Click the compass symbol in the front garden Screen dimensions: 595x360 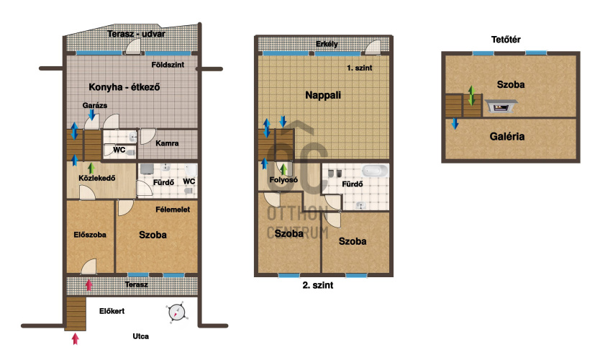click(176, 312)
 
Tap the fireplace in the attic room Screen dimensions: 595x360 click(501, 107)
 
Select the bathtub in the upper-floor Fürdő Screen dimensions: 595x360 click(375, 171)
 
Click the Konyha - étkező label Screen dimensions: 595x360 click(124, 87)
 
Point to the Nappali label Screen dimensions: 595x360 click(323, 95)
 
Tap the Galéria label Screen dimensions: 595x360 click(507, 136)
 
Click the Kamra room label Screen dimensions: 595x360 click(167, 143)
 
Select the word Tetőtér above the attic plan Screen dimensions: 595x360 click(506, 39)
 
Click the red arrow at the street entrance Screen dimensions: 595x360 click(76, 338)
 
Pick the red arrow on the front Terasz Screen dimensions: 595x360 click(88, 285)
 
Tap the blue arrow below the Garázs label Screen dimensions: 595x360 click(91, 114)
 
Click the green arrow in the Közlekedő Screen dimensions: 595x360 click(91, 168)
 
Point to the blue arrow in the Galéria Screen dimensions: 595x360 click(455, 123)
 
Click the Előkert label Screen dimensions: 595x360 click(112, 311)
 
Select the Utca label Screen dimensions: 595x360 click(141, 336)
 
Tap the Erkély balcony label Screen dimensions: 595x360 click(327, 44)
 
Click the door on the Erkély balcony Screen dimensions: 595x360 click(373, 48)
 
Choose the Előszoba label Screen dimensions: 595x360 click(90, 235)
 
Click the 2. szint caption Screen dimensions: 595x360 click(318, 285)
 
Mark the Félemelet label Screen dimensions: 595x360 click(173, 210)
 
